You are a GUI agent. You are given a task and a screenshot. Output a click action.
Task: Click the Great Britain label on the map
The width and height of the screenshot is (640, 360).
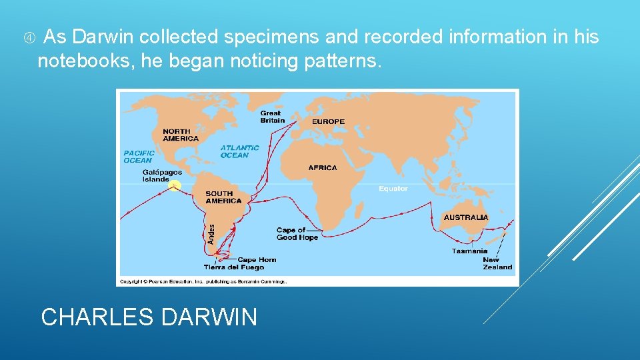[x=272, y=117]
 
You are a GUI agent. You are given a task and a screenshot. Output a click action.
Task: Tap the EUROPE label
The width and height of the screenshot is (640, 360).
[x=328, y=121]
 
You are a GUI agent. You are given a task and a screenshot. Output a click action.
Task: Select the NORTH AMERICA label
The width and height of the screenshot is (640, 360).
[x=180, y=135]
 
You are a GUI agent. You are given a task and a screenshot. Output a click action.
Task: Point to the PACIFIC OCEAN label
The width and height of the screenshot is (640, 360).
[x=138, y=157]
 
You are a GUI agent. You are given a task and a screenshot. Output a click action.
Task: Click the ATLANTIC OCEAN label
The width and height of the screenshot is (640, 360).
[x=240, y=151]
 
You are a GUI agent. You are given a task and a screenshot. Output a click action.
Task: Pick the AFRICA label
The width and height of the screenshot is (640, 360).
[x=323, y=168]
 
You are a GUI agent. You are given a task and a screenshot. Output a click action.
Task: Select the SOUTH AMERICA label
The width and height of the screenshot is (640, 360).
[x=223, y=197]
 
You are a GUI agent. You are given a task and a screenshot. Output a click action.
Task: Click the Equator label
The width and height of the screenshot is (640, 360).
[x=393, y=189]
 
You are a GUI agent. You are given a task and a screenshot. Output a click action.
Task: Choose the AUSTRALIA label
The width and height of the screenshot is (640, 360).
[x=466, y=217]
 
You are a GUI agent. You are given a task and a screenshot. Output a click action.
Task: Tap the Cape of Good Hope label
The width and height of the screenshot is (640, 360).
[x=297, y=234]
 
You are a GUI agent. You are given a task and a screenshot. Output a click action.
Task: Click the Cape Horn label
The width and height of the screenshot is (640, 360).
[x=257, y=260]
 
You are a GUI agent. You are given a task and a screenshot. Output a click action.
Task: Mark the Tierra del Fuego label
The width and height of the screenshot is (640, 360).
[x=234, y=267]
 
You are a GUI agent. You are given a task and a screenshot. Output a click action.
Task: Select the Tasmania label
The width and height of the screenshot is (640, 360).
[x=469, y=251]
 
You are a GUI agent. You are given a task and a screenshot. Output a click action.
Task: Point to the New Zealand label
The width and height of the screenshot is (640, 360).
[x=497, y=263]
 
